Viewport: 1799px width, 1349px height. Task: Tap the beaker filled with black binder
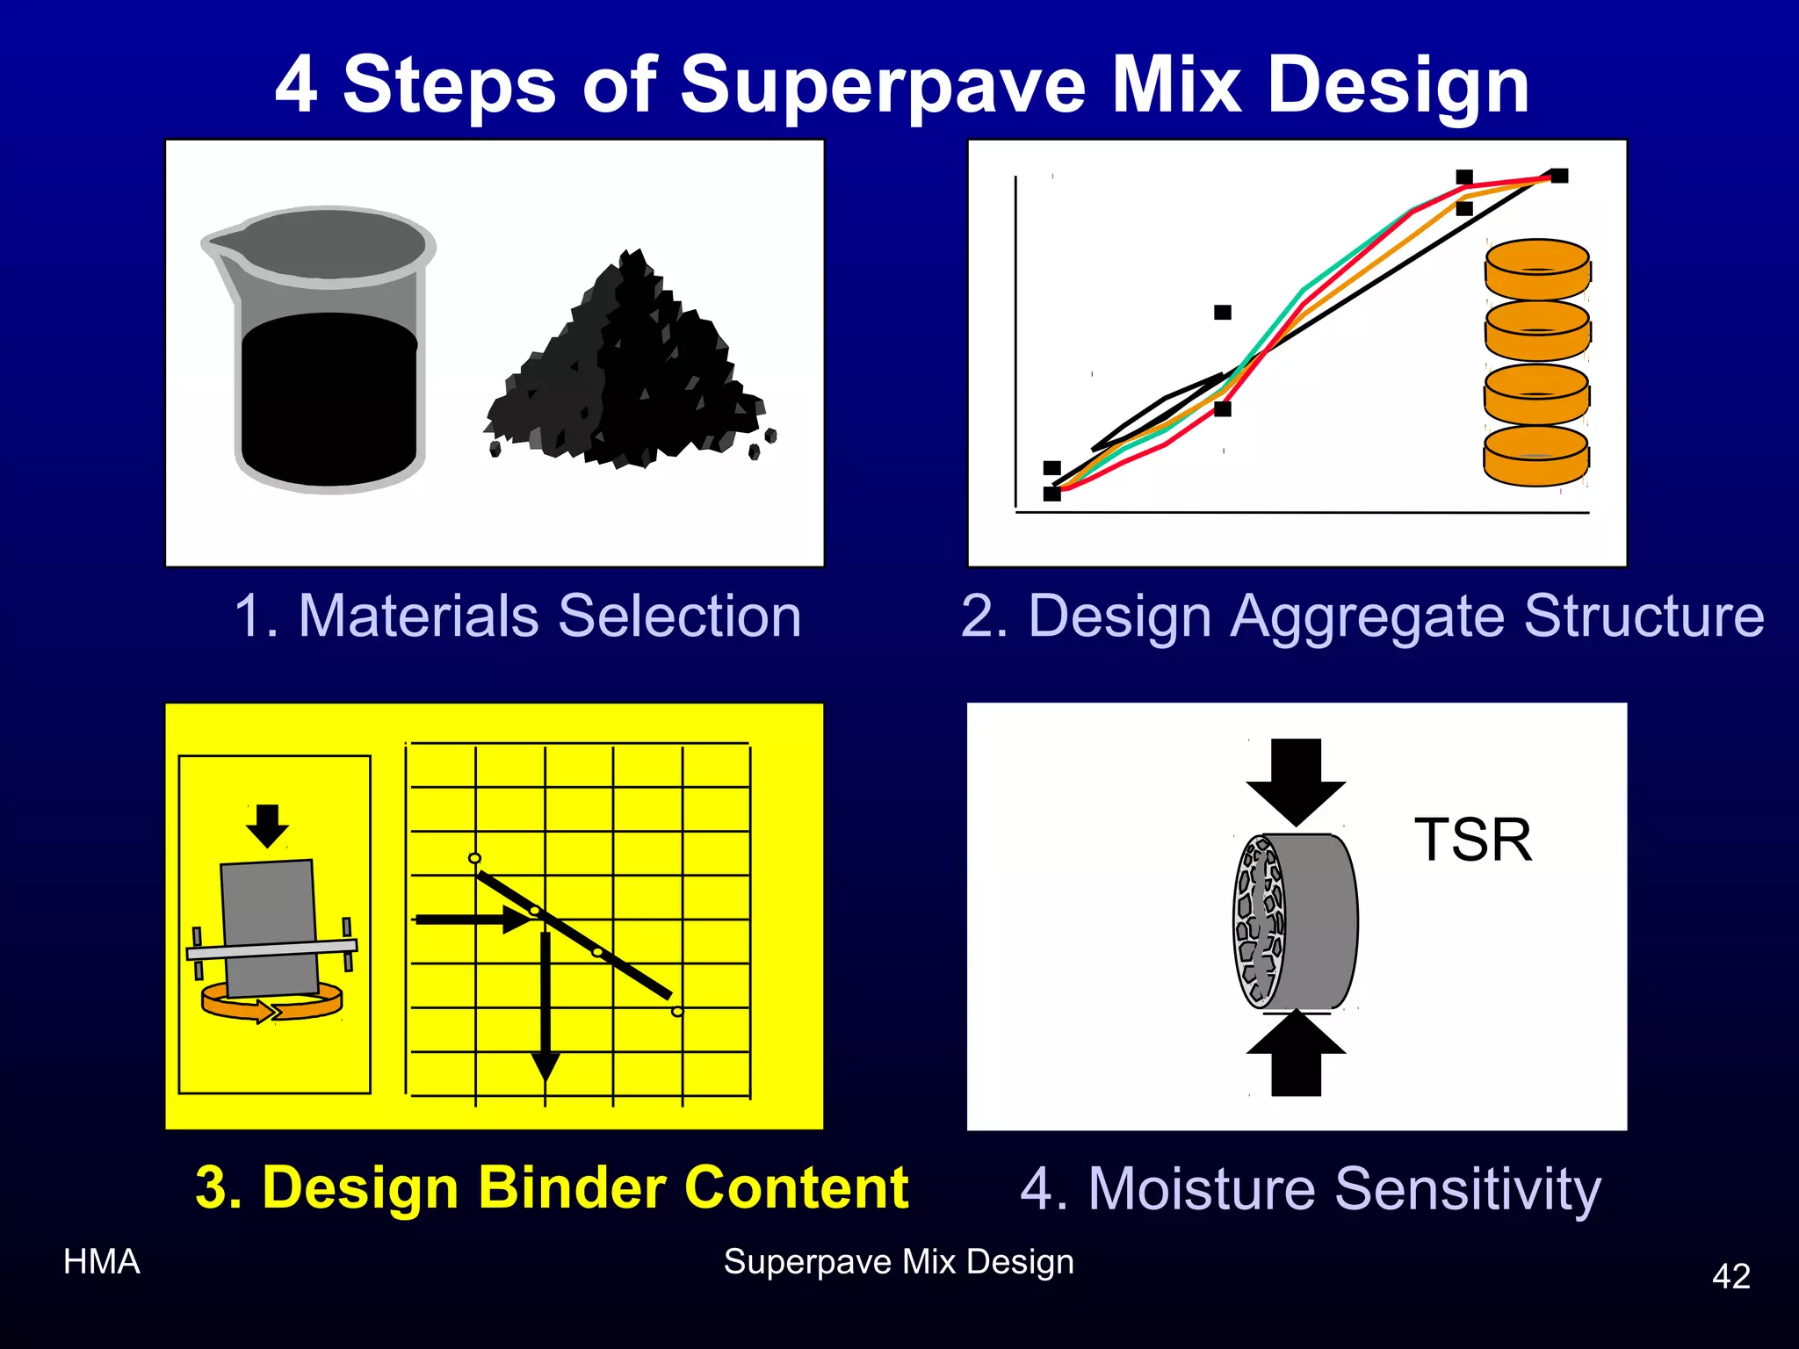click(325, 369)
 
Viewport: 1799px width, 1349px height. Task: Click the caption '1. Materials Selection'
click(517, 616)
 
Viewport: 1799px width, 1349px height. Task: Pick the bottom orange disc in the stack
click(1536, 456)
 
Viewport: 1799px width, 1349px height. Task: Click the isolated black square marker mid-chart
click(1222, 313)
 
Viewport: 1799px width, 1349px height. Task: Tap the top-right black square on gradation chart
click(1558, 177)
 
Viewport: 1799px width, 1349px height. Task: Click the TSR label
click(1473, 840)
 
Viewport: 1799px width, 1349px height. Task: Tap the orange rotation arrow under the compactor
click(271, 1004)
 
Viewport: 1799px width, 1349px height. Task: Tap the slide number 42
click(1730, 1275)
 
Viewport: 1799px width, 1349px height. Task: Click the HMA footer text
click(102, 1261)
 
